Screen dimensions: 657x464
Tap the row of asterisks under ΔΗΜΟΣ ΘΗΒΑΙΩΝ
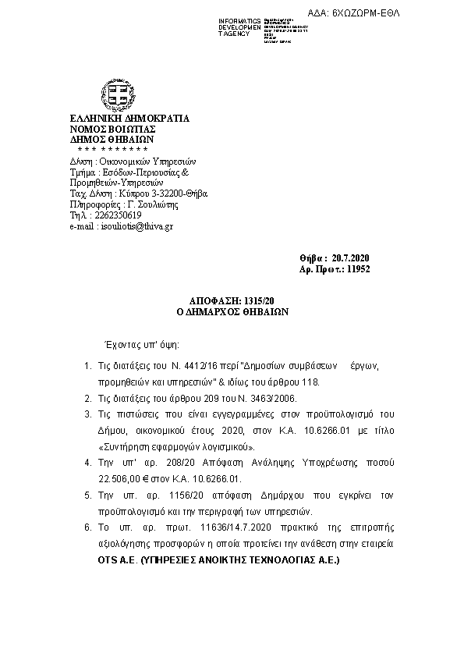click(x=114, y=148)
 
